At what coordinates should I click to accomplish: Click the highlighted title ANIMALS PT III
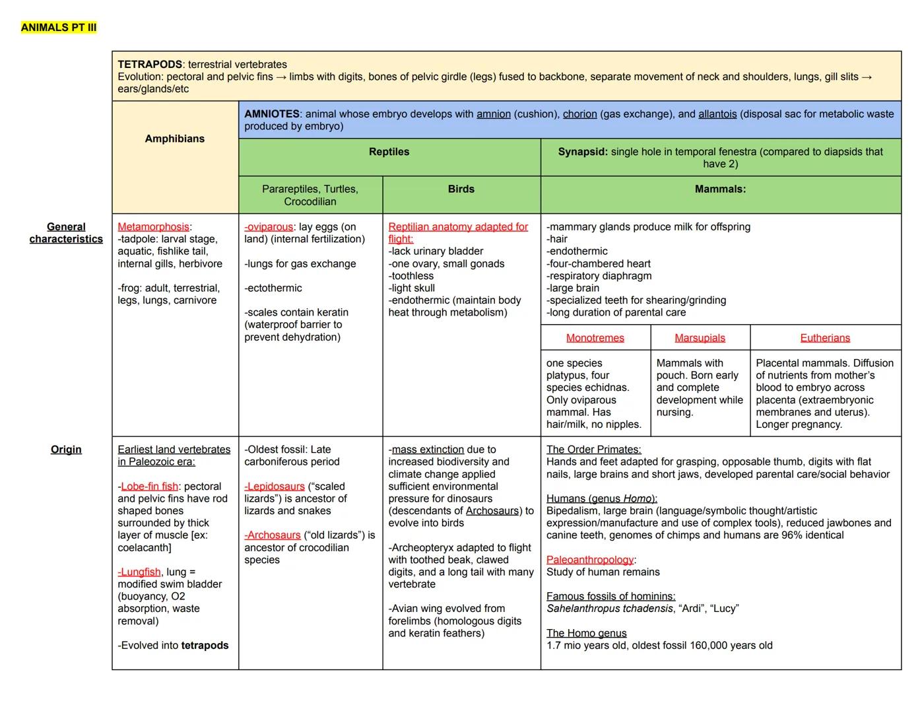[x=59, y=27]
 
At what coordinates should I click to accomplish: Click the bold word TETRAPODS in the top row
[x=150, y=65]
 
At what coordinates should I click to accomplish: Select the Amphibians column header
[x=175, y=139]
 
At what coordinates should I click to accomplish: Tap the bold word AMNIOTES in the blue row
[x=272, y=114]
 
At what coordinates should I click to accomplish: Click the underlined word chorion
[x=579, y=114]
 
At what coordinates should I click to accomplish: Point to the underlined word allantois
[x=717, y=114]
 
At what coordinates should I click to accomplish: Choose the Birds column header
[x=461, y=189]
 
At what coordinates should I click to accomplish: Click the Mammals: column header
[x=720, y=189]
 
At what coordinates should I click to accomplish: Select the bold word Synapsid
[x=583, y=152]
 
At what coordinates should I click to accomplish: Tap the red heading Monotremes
[x=595, y=338]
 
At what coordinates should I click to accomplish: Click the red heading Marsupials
[x=700, y=338]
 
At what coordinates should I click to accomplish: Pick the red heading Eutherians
[x=825, y=338]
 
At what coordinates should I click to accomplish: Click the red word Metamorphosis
[x=153, y=227]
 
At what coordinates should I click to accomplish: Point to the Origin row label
[x=66, y=450]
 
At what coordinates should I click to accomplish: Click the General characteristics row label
[x=66, y=233]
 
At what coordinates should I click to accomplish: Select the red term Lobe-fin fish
[x=149, y=487]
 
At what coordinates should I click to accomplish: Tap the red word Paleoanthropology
[x=589, y=560]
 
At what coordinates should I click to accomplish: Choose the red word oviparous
[x=269, y=227]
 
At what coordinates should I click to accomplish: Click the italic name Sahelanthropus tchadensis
[x=609, y=609]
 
